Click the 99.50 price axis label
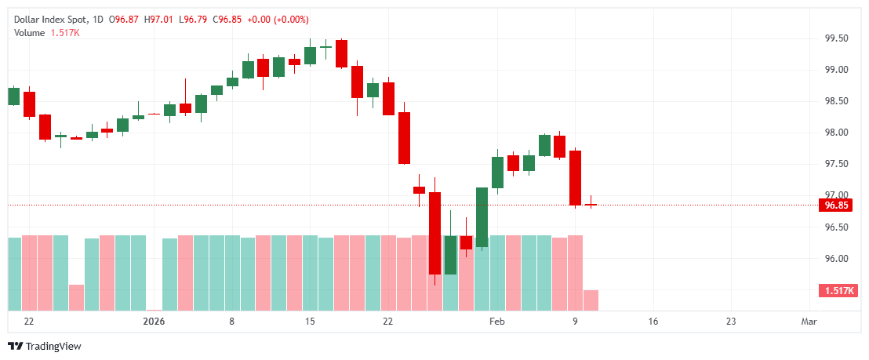(x=837, y=38)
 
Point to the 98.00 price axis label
(x=837, y=133)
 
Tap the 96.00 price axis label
(x=837, y=259)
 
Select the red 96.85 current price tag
(x=834, y=205)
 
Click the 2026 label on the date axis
(x=154, y=322)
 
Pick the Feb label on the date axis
(x=496, y=322)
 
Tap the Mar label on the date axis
(x=809, y=322)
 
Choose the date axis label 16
(x=653, y=322)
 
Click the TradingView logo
(x=45, y=346)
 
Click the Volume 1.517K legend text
(x=47, y=32)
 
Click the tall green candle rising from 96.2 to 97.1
(x=482, y=217)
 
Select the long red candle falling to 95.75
(x=434, y=233)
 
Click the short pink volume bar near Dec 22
(x=76, y=297)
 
